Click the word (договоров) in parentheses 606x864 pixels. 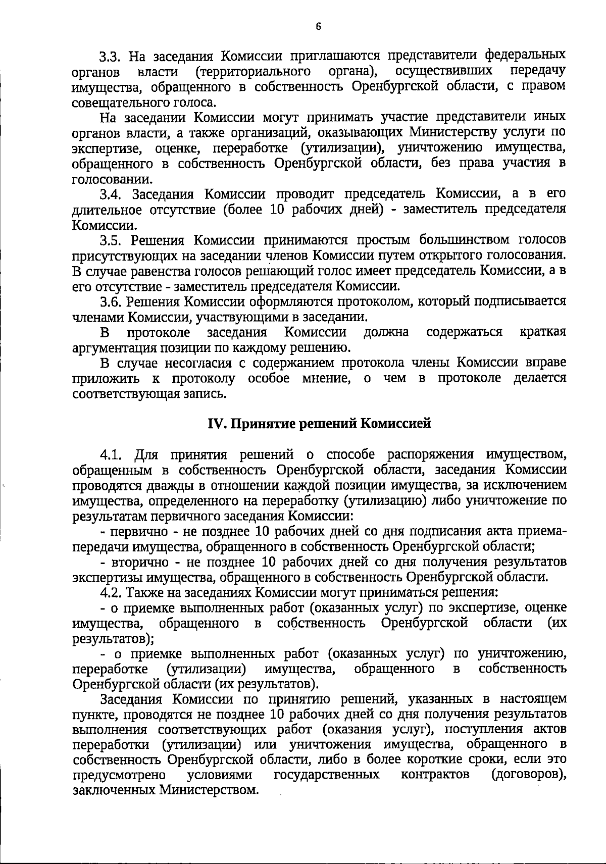tap(528, 774)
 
